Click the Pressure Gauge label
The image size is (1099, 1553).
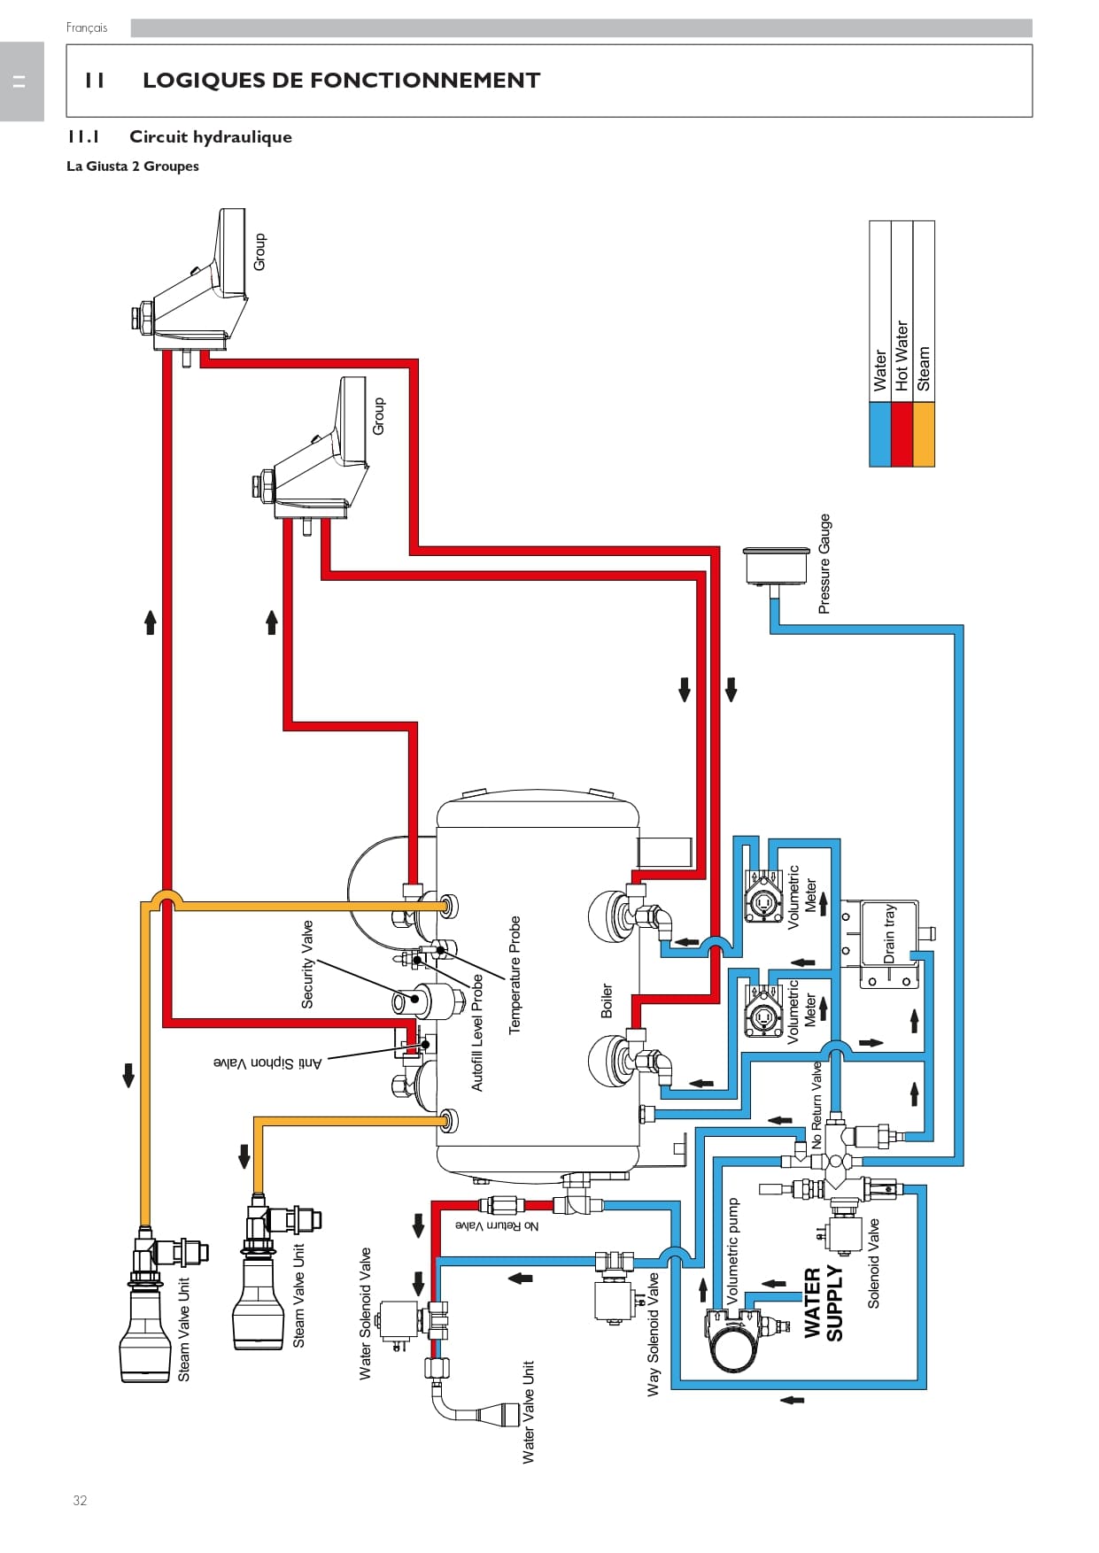pyautogui.click(x=824, y=564)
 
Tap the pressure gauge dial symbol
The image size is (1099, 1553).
pyautogui.click(x=777, y=566)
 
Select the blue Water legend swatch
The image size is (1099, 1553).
pyautogui.click(x=879, y=434)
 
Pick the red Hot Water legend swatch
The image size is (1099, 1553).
pyautogui.click(x=902, y=434)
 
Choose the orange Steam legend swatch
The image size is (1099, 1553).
pyautogui.click(x=924, y=434)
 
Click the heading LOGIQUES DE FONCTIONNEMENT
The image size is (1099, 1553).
pyautogui.click(x=341, y=81)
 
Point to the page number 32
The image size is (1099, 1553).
pyautogui.click(x=80, y=1500)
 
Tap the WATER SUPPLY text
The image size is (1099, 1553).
pyautogui.click(x=823, y=1304)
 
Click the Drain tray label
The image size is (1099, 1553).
pyautogui.click(x=889, y=933)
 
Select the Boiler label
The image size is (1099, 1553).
pyautogui.click(x=607, y=1001)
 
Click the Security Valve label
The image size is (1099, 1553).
pyautogui.click(x=307, y=964)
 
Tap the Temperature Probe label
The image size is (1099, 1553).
pyautogui.click(x=515, y=975)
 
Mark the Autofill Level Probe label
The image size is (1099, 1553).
pyautogui.click(x=477, y=1032)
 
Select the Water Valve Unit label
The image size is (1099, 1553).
pyautogui.click(x=529, y=1412)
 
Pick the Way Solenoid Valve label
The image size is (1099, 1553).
pyautogui.click(x=654, y=1334)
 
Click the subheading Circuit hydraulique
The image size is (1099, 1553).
pyautogui.click(x=211, y=137)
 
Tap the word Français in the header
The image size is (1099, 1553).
pyautogui.click(x=87, y=27)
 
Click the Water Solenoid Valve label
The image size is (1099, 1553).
pyautogui.click(x=365, y=1314)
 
